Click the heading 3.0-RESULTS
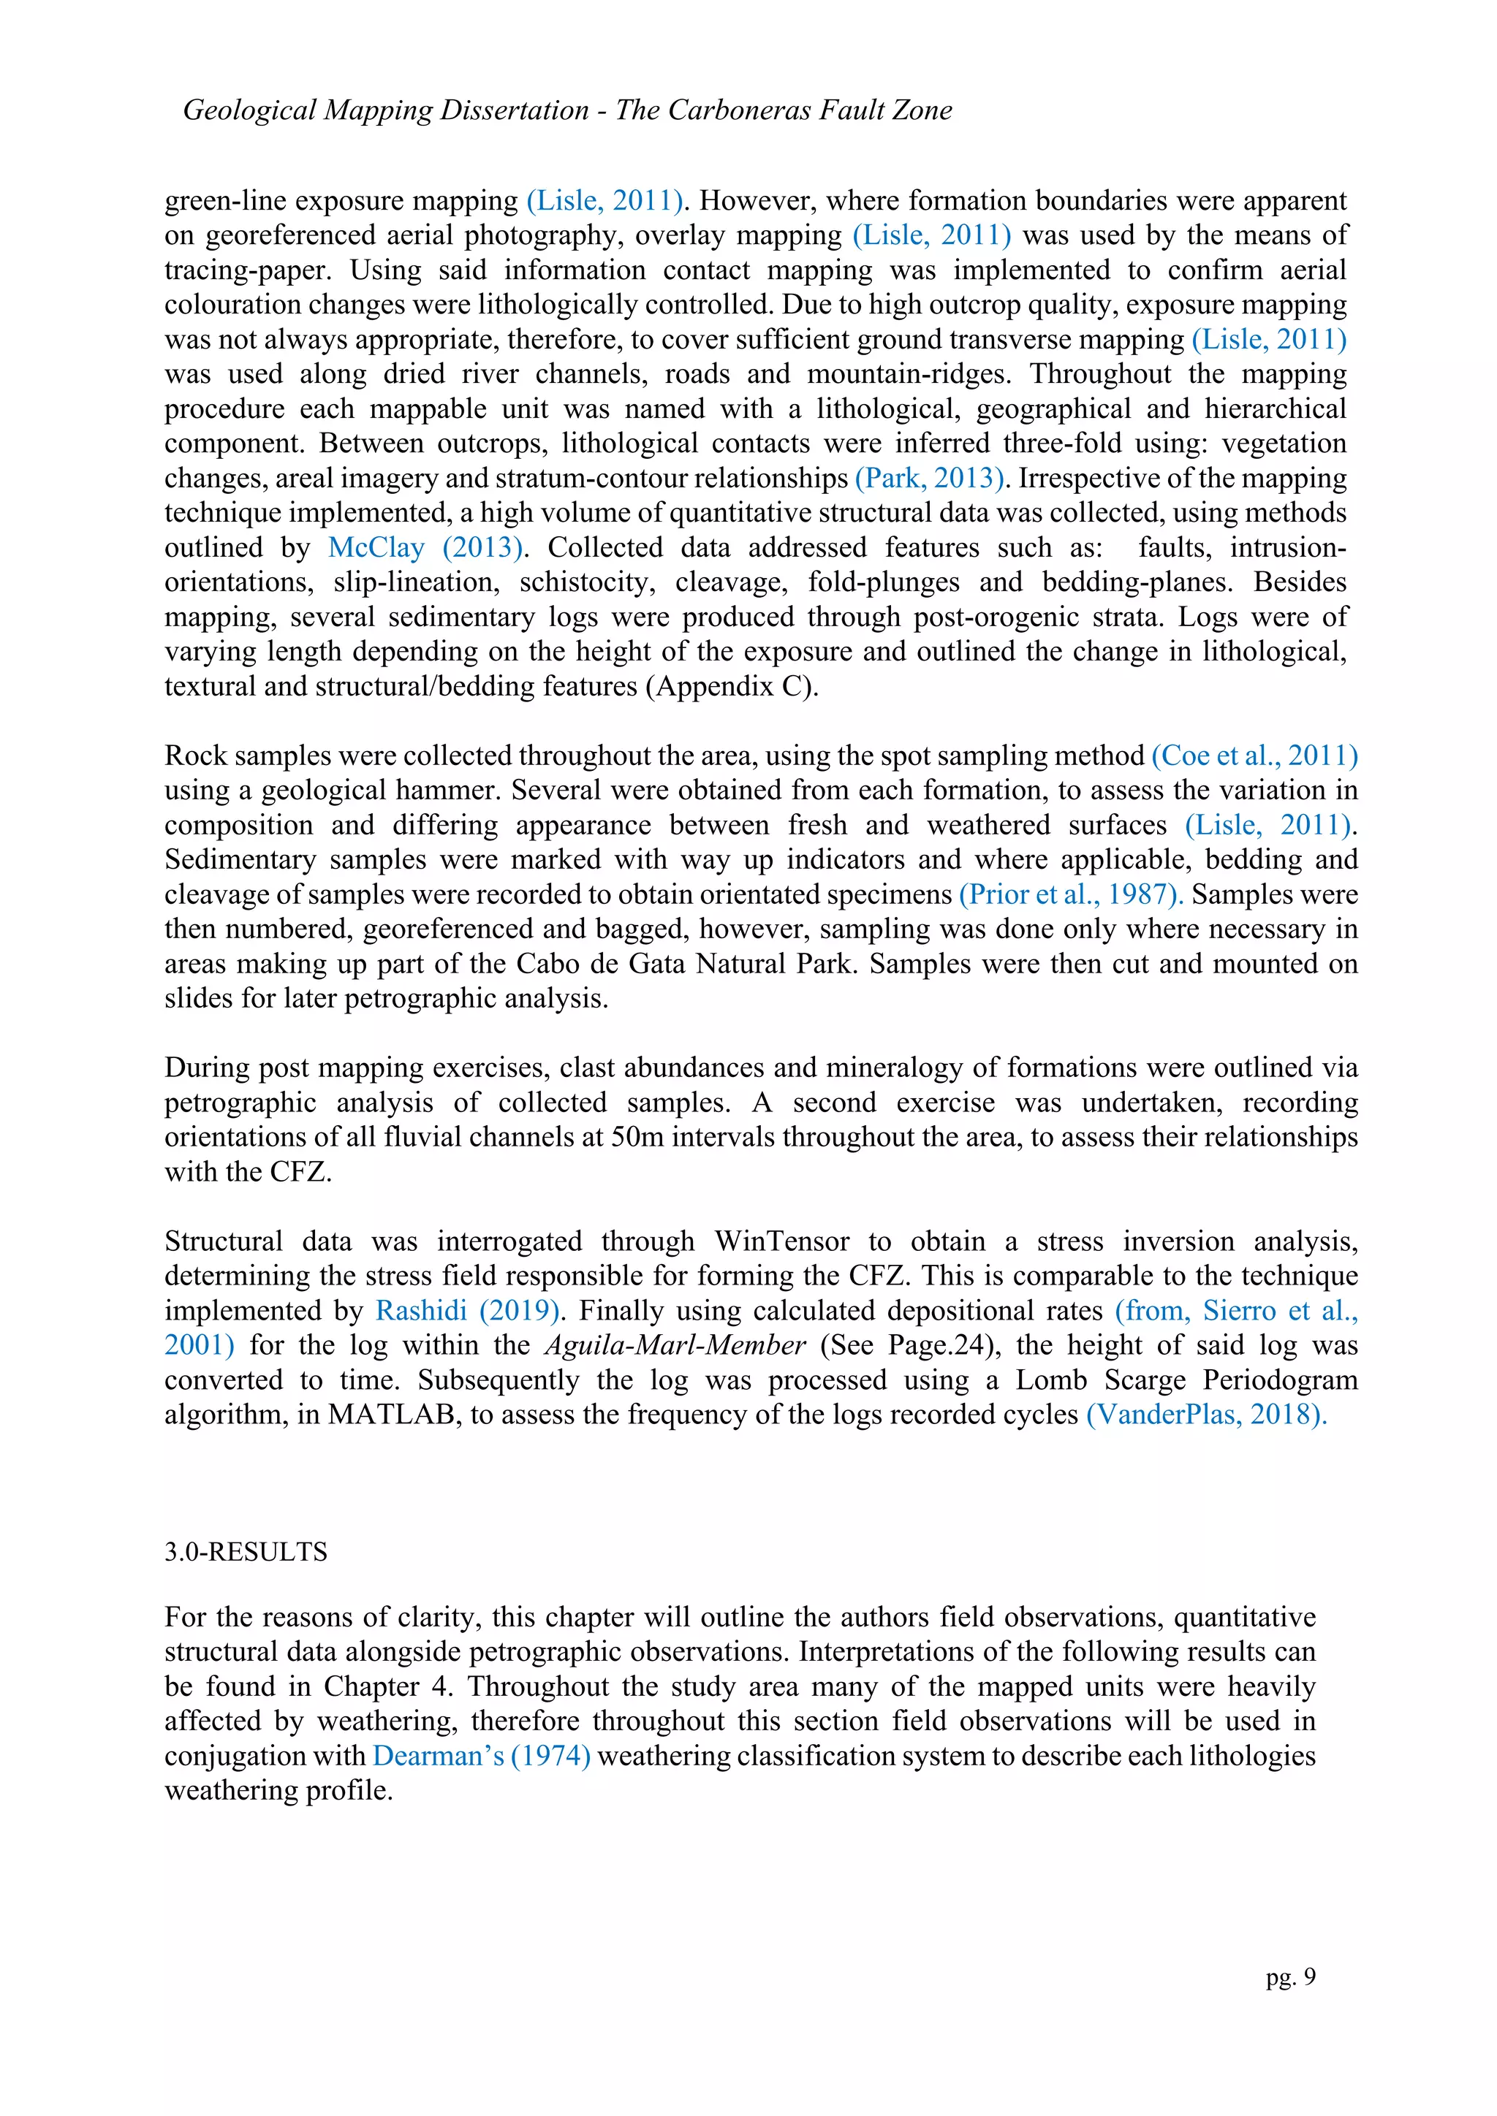(x=246, y=1552)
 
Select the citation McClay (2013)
(x=426, y=547)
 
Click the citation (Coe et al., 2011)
(x=1254, y=756)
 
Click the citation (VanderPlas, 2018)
(x=1205, y=1415)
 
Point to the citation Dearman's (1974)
(x=481, y=1756)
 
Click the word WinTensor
(x=781, y=1241)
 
